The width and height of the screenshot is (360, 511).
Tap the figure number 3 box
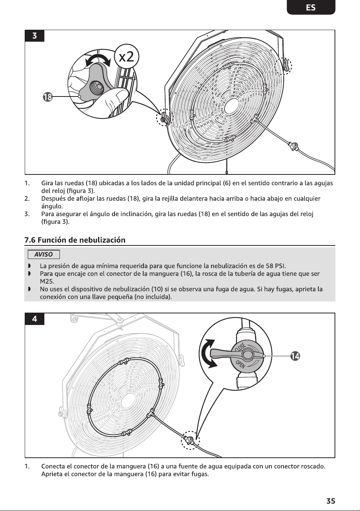[x=34, y=36]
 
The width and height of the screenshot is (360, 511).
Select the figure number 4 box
[x=34, y=319]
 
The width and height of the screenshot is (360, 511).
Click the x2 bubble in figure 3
[x=127, y=56]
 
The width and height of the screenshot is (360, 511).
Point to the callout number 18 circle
[x=47, y=97]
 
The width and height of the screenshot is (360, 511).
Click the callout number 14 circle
[x=295, y=356]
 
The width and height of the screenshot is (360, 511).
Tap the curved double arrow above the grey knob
[x=98, y=60]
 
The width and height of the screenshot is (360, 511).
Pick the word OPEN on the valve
[x=240, y=365]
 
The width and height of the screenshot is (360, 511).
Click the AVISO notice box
[x=44, y=254]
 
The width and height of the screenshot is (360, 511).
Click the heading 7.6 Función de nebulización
[x=75, y=240]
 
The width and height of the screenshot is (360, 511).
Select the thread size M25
[x=47, y=281]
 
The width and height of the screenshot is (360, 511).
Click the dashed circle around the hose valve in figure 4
[x=190, y=440]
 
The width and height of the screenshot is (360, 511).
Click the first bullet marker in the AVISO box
[x=29, y=266]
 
